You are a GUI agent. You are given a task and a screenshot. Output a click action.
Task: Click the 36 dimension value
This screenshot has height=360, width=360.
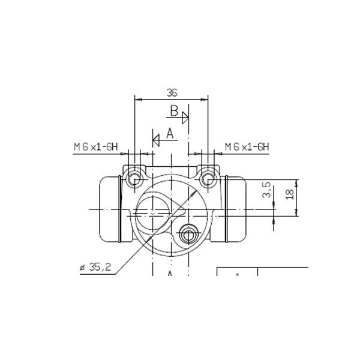click(x=172, y=93)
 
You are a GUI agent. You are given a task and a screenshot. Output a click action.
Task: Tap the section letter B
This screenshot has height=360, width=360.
click(x=174, y=111)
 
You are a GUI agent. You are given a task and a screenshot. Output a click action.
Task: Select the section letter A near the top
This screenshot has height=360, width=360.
click(x=170, y=134)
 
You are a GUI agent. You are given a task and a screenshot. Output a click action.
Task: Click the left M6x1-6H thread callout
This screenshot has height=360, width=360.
click(x=95, y=147)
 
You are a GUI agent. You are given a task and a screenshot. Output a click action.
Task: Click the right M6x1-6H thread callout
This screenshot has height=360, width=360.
click(x=247, y=147)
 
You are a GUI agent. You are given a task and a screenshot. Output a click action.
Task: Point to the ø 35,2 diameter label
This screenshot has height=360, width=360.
click(x=95, y=267)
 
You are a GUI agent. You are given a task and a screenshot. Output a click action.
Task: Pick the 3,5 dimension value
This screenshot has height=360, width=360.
click(x=266, y=190)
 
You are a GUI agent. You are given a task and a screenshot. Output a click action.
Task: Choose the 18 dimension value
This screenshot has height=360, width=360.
click(x=290, y=194)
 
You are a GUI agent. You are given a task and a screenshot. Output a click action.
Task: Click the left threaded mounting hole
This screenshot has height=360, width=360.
click(x=134, y=179)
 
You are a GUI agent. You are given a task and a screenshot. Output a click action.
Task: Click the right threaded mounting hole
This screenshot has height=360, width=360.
click(x=208, y=179)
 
